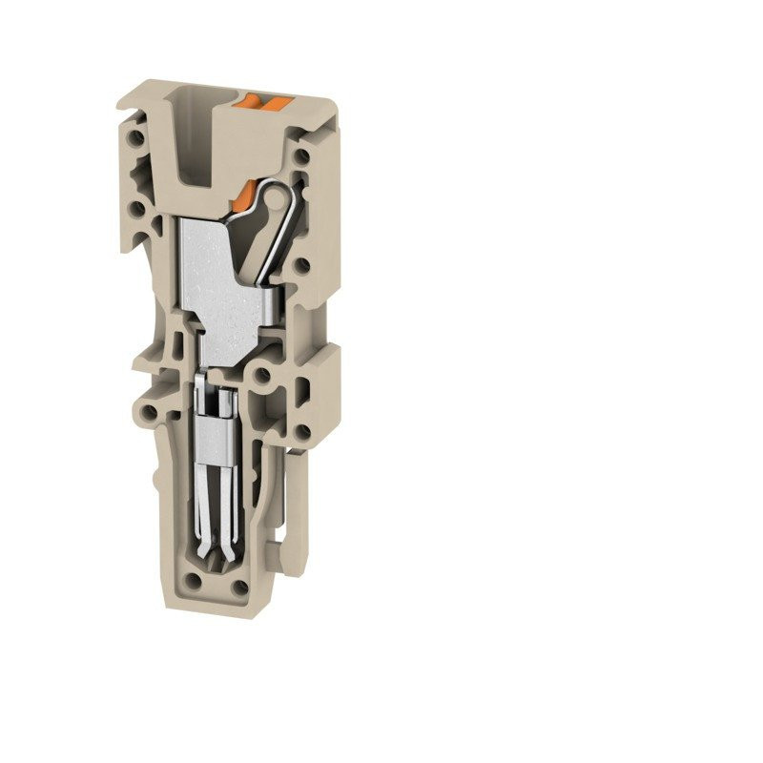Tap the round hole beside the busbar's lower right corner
(264, 376)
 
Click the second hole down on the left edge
(139, 205)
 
